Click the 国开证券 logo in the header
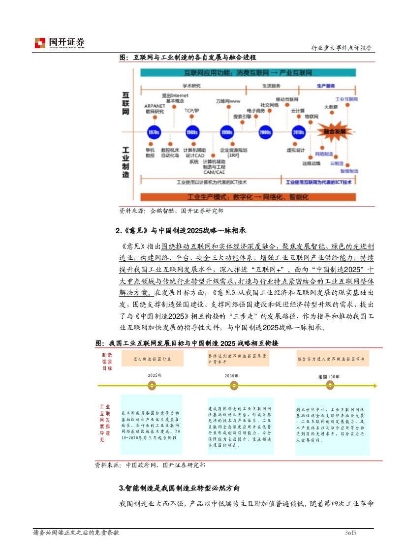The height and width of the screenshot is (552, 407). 60,43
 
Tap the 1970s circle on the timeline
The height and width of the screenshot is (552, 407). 154,132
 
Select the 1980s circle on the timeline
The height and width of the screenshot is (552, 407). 192,132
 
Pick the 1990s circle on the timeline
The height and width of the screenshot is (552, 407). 226,132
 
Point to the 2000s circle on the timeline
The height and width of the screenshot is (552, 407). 265,132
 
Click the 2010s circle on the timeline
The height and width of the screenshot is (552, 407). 298,132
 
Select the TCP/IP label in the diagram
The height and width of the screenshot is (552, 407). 192,110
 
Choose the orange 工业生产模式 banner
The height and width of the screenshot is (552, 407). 249,197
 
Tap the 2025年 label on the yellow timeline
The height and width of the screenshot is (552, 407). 155,375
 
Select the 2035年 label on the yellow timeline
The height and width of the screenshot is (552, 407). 231,375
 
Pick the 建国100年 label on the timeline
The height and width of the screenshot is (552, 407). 328,376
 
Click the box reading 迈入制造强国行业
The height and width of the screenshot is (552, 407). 152,359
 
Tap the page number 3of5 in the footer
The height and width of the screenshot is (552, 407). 350,533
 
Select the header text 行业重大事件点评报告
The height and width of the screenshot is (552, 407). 342,48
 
